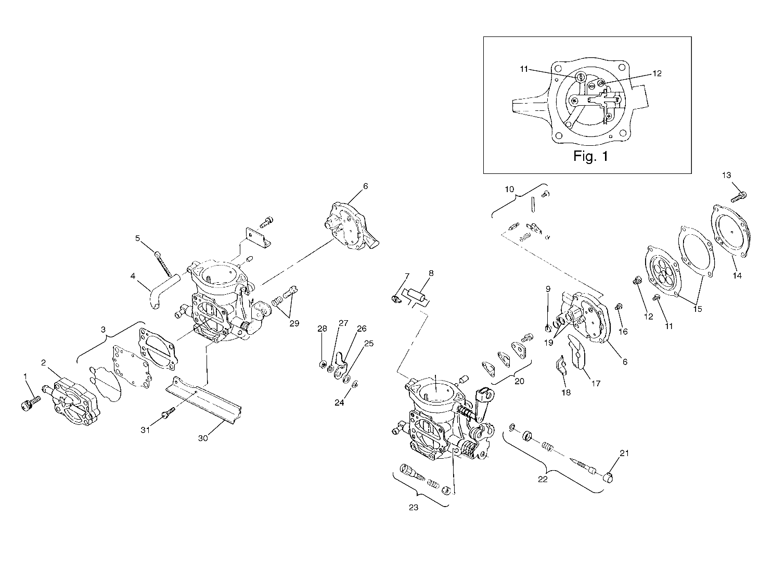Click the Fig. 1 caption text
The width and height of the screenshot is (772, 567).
[x=590, y=156]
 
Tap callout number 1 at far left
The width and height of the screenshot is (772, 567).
[x=24, y=375]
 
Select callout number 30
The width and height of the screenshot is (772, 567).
[x=203, y=438]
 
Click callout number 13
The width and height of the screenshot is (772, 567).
[x=727, y=175]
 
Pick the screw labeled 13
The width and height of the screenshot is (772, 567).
[x=739, y=197]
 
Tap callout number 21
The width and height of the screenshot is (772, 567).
[x=624, y=453]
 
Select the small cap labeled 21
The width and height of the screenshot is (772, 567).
[x=610, y=476]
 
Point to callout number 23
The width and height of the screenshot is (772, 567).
[x=414, y=508]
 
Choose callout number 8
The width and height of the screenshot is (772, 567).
[x=431, y=273]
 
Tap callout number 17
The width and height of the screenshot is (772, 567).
[x=596, y=384]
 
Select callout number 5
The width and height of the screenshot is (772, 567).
[x=138, y=238]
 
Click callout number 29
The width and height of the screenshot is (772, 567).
[x=294, y=323]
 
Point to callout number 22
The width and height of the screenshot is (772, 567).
[x=543, y=480]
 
